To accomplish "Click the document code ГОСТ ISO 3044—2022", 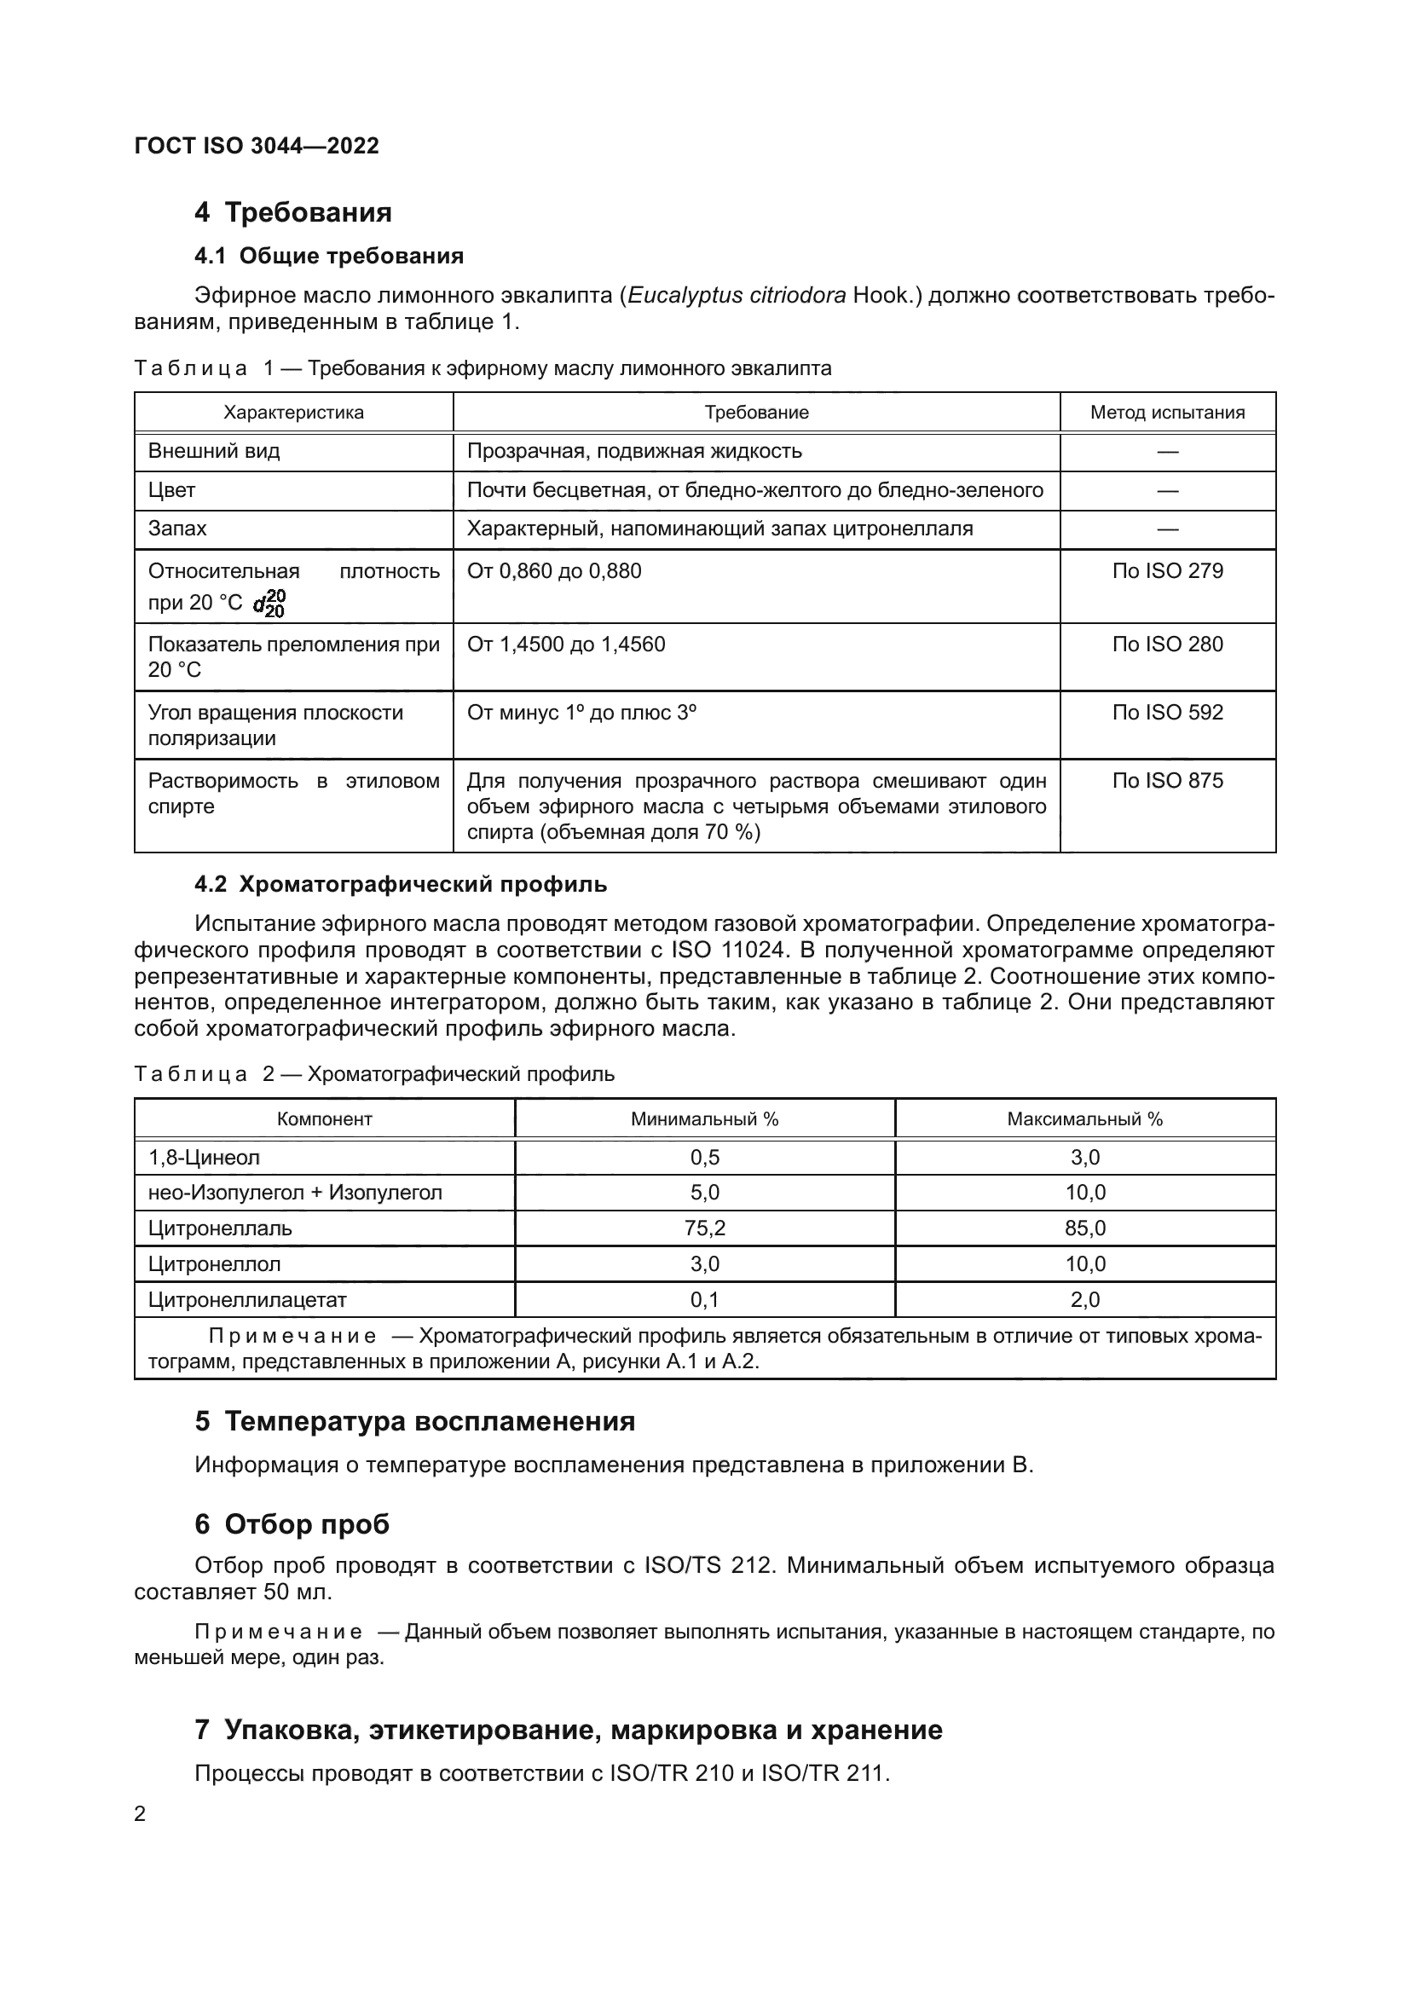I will [x=257, y=146].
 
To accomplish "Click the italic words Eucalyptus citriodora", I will [x=737, y=295].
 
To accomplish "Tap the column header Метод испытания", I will [x=1167, y=413].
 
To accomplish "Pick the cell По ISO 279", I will [x=1167, y=571].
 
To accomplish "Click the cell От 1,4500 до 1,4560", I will [x=566, y=644].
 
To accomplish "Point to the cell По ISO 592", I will [x=1167, y=713].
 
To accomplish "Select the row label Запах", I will [x=177, y=529].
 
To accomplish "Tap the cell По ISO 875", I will [x=1167, y=781].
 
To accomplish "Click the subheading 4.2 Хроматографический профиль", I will [x=401, y=885].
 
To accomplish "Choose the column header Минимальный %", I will [x=704, y=1119].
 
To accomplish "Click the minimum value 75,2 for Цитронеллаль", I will [x=704, y=1228].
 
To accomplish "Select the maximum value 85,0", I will [x=1084, y=1228].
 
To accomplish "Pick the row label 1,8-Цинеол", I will [x=204, y=1158].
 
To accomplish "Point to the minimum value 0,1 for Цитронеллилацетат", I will [x=704, y=1300].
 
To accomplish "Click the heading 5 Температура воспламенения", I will [x=415, y=1422].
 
